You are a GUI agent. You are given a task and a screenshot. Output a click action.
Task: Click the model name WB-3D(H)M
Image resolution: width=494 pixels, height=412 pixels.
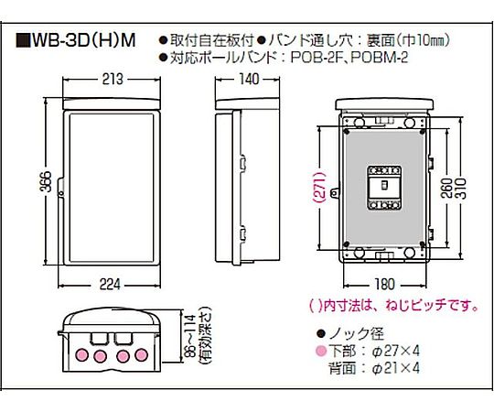84,40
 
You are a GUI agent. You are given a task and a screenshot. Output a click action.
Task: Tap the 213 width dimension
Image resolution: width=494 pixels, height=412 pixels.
113,79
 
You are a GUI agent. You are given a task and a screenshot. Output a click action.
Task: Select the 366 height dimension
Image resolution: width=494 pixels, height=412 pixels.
46,181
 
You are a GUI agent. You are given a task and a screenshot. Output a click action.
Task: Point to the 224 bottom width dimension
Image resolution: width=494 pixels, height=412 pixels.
110,285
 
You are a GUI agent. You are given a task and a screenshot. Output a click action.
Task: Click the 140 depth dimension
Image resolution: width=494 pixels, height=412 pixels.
249,79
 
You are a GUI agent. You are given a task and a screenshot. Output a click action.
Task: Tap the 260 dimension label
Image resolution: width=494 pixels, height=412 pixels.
447,188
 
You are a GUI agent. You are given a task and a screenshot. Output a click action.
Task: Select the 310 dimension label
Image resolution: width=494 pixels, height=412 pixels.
460,188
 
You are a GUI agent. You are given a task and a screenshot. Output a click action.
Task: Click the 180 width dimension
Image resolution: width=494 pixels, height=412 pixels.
384,285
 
